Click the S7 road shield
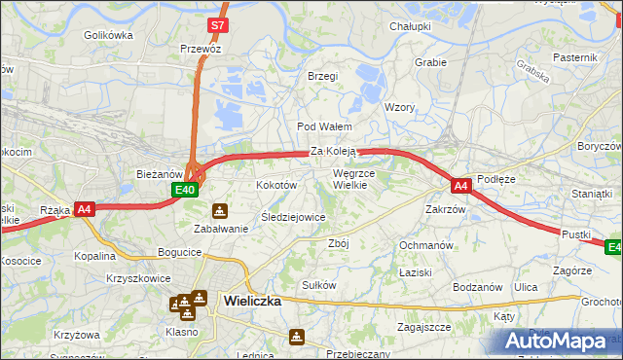coord(218,25)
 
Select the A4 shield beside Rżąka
coord(84,208)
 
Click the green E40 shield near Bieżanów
coord(187,191)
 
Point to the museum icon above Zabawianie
coord(221,209)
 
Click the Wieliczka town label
coord(252,301)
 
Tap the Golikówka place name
coord(108,35)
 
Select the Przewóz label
coord(201,48)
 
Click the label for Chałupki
coord(410,26)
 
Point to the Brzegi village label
coord(322,76)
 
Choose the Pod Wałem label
coord(324,126)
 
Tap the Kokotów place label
coord(275,184)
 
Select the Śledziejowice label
coord(293,217)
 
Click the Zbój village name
coord(339,243)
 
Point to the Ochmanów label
coord(426,245)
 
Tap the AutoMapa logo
coord(560,342)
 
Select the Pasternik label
coord(574,57)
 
